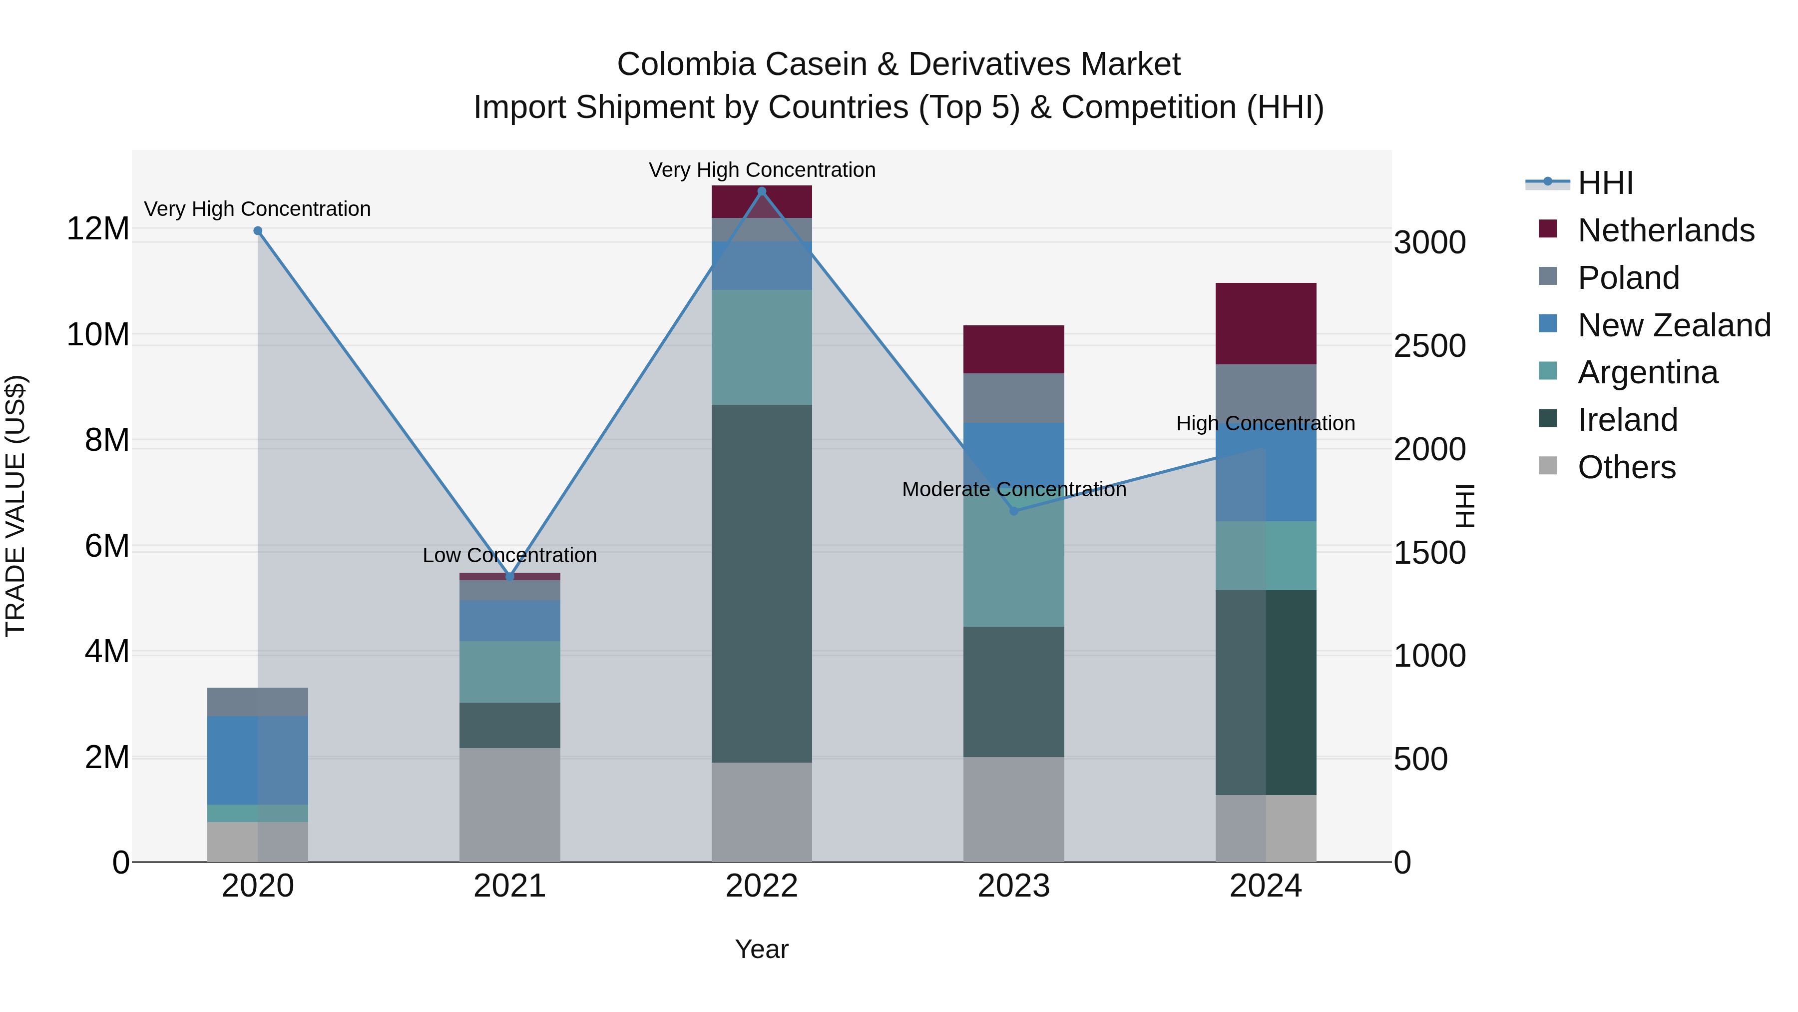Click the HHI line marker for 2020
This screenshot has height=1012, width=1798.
pos(258,231)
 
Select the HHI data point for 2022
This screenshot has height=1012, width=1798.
pos(762,191)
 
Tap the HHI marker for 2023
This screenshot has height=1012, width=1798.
pos(1014,511)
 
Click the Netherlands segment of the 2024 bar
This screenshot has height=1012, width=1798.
pos(1266,323)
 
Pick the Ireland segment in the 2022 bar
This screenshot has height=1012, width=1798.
pos(762,583)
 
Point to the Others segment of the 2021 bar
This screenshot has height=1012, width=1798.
pos(509,805)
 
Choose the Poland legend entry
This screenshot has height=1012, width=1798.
pos(1628,278)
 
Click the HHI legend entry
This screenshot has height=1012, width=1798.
pos(1605,183)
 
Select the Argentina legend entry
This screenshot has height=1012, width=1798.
pos(1647,372)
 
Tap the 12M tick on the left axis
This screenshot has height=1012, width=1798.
pos(98,229)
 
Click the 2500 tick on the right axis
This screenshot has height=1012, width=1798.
pos(1429,346)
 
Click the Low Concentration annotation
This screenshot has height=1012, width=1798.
pos(509,555)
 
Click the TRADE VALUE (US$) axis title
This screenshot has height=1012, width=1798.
pos(15,506)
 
